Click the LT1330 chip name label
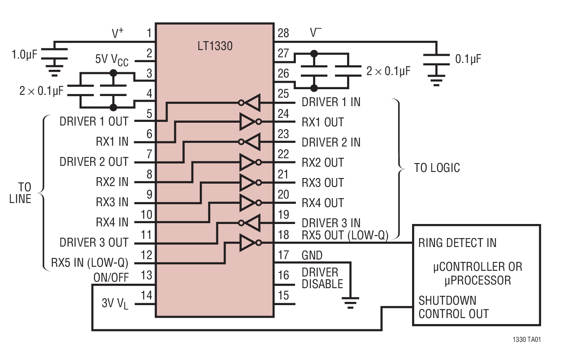(215, 46)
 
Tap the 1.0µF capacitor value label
(24, 54)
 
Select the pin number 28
(283, 33)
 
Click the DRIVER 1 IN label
(331, 102)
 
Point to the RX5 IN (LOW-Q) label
(90, 263)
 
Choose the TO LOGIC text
(437, 168)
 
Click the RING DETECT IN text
(457, 243)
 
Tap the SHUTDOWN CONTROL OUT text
(453, 307)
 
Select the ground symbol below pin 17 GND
(350, 302)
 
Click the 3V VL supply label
(115, 303)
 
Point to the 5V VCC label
(112, 60)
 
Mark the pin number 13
(146, 275)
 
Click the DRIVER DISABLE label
(322, 278)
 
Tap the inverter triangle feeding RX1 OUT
(248, 121)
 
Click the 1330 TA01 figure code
(526, 339)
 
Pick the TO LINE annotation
(21, 193)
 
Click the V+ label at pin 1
(117, 33)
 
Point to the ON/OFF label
(111, 278)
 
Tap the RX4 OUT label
(323, 203)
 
